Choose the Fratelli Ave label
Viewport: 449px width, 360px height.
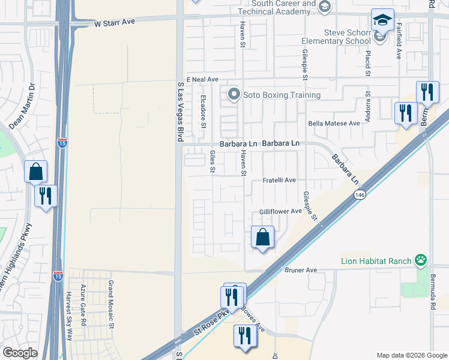(282, 180)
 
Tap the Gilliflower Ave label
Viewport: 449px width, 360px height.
(280, 211)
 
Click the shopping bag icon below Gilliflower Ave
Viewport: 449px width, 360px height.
(263, 237)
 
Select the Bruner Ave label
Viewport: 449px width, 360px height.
(301, 271)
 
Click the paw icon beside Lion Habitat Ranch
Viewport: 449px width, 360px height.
(421, 260)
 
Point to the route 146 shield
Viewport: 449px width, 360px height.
(359, 196)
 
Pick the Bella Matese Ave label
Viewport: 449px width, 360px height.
(333, 123)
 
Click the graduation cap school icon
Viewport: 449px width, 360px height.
(382, 20)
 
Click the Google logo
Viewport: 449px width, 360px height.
(19, 353)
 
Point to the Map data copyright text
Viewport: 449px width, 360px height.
(410, 355)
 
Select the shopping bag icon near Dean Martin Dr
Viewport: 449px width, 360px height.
(36, 171)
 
